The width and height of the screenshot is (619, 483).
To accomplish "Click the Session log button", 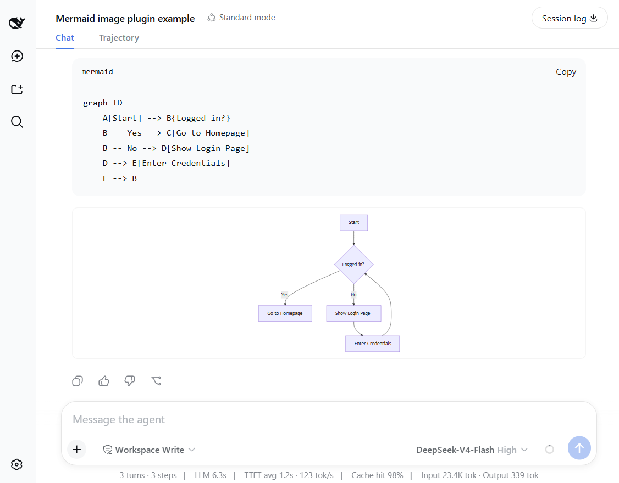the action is click(570, 18).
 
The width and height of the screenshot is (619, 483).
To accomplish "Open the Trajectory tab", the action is click(119, 38).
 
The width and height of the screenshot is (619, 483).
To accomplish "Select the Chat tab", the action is click(65, 38).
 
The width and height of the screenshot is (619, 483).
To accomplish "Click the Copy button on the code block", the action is click(566, 72).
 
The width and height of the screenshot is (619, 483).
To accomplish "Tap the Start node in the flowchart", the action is click(353, 222).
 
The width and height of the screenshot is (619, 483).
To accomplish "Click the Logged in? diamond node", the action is click(353, 265).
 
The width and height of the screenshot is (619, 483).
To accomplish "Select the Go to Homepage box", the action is click(285, 313).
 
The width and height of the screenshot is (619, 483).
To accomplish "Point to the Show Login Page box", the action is click(353, 313).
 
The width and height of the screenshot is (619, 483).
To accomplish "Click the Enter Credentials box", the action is click(372, 344).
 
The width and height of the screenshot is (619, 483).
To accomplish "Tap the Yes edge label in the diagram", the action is click(285, 295).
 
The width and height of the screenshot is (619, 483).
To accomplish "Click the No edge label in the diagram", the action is click(353, 295).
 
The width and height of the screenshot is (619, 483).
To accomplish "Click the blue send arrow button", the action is click(579, 448).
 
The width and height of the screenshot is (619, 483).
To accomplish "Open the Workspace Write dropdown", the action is click(149, 450).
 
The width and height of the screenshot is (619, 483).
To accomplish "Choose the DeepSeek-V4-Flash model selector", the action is click(472, 450).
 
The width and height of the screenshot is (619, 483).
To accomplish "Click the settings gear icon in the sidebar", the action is click(16, 464).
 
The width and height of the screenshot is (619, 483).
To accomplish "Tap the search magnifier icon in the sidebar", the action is click(17, 122).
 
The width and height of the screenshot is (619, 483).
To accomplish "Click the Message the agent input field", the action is click(329, 419).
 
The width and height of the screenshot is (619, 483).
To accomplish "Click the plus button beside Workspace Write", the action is click(77, 450).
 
